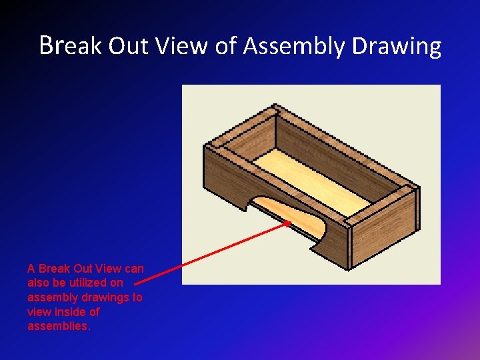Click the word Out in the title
click(x=131, y=46)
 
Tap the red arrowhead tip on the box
click(x=289, y=223)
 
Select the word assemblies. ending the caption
click(x=58, y=326)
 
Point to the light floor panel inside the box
click(x=313, y=180)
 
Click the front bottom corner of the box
click(x=348, y=267)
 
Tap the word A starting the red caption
click(x=31, y=269)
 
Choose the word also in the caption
click(x=39, y=283)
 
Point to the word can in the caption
click(x=134, y=269)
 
